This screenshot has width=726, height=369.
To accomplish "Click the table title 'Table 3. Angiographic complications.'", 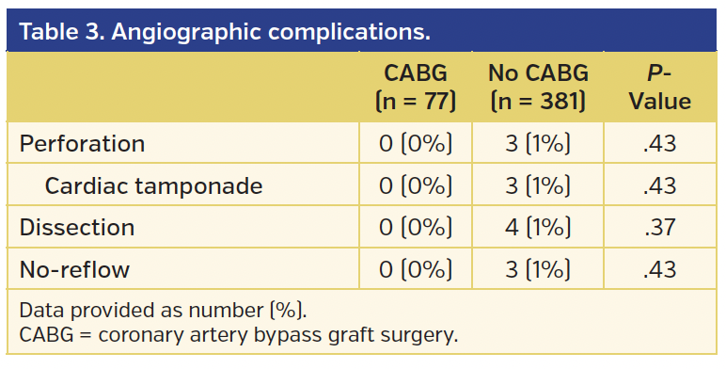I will point(225,31).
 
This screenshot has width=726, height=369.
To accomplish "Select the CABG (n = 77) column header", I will point(416,88).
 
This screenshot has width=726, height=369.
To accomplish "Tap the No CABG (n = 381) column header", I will point(538,88).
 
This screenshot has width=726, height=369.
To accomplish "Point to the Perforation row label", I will point(83,144).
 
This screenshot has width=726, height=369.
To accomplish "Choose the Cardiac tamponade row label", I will point(153,185).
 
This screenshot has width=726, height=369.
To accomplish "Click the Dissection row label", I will point(77,227).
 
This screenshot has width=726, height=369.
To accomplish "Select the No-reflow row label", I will point(74,269).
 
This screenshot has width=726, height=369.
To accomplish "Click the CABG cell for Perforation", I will point(416,144).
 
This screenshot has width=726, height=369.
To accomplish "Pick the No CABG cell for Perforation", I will point(538,144).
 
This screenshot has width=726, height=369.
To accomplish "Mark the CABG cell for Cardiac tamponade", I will point(416,185).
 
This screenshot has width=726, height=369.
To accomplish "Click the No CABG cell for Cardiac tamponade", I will point(538,185).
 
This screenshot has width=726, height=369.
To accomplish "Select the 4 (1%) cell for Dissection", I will point(538,227).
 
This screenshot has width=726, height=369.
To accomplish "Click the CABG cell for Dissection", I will point(416,227).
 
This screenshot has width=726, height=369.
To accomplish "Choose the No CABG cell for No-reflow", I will point(538,269).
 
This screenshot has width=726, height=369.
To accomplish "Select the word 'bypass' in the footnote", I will point(291,334).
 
